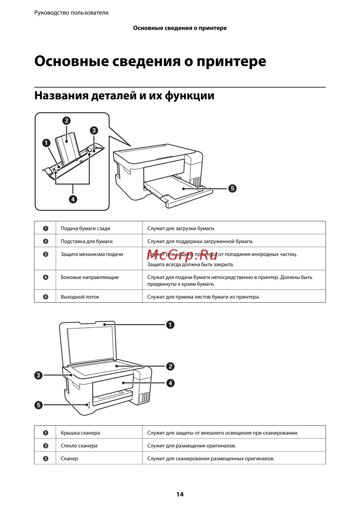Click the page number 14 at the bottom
(x=180, y=494)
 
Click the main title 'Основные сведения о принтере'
(x=150, y=61)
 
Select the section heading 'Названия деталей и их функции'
(x=124, y=96)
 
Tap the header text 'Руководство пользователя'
(x=71, y=13)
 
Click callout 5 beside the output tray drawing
(x=233, y=188)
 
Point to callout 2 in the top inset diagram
(x=66, y=121)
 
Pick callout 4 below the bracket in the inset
(x=73, y=199)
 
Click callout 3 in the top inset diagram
(x=94, y=130)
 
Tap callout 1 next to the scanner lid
(x=170, y=325)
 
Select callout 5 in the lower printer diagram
(x=39, y=405)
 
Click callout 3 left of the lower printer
(x=39, y=376)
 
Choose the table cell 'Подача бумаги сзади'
(x=85, y=228)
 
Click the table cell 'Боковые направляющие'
(x=90, y=277)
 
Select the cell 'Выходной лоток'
(x=80, y=297)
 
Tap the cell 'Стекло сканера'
(x=79, y=446)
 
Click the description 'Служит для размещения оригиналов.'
(x=192, y=446)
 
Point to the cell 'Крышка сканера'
(x=80, y=433)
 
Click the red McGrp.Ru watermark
(x=182, y=255)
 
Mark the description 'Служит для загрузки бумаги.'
(x=181, y=228)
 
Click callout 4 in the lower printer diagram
(x=171, y=383)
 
